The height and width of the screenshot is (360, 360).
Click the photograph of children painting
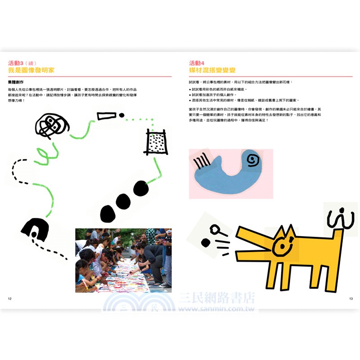coord(123,260)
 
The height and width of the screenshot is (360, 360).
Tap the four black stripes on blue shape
coord(202,161)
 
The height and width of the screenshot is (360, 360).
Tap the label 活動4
coord(197,63)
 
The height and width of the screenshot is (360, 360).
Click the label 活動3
coord(16,63)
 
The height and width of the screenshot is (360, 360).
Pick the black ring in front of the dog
coord(214,232)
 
